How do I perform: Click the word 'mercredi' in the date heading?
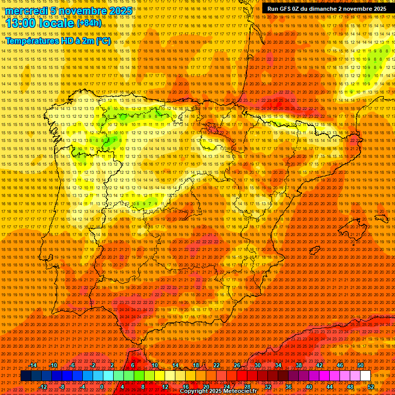tap(23, 11)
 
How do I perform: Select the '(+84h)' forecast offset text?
tap(89, 23)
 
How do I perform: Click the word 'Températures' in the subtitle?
tap(33, 41)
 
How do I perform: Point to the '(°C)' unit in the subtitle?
tap(102, 41)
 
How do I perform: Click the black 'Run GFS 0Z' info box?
tap(327, 9)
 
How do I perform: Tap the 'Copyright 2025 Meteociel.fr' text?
tap(218, 391)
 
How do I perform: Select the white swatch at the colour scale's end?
tap(365, 376)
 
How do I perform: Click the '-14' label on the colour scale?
tap(33, 365)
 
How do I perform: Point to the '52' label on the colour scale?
tap(371, 386)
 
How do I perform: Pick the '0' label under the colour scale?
tap(102, 386)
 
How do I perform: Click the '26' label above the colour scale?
tap(237, 365)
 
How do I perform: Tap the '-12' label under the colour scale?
tap(43, 386)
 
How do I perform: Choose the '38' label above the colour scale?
tap(299, 365)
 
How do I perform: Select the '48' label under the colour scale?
tap(350, 386)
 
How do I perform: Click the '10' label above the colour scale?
tap(154, 365)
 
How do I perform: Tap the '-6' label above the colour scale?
tap(73, 365)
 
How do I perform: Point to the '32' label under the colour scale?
tap(268, 386)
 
